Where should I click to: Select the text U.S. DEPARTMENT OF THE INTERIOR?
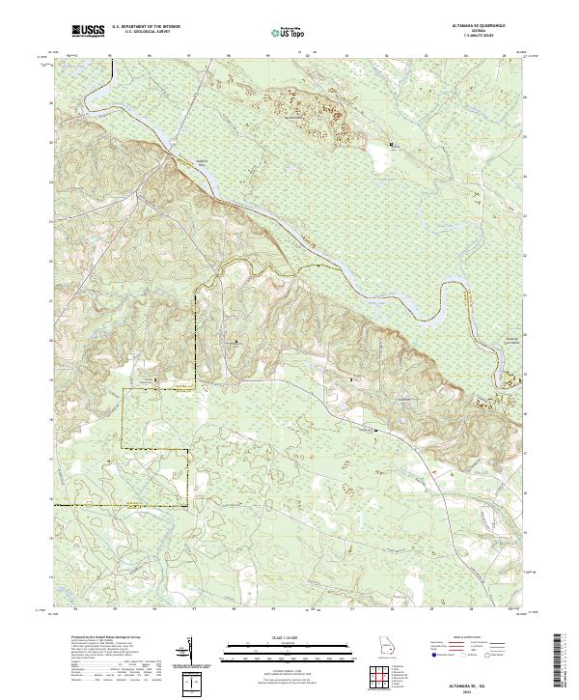pyautogui.click(x=146, y=29)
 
